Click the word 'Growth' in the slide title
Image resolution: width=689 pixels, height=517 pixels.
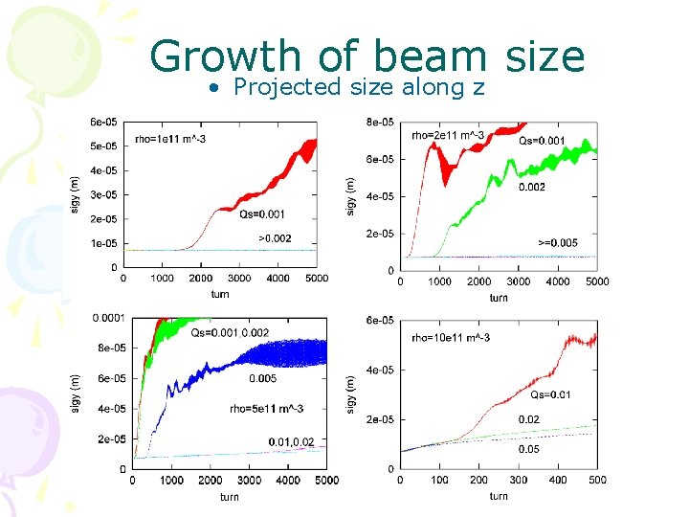(x=224, y=56)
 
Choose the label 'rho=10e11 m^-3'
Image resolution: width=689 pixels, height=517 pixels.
(x=452, y=337)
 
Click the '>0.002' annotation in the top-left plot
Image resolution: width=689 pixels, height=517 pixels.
(x=275, y=238)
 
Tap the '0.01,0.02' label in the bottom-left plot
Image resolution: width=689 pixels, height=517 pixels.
(x=291, y=441)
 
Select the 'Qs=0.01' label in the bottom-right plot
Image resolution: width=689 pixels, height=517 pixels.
(x=552, y=394)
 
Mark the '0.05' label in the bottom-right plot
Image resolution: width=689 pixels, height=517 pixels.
(x=528, y=449)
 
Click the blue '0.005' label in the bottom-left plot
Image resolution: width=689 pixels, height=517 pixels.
(x=263, y=378)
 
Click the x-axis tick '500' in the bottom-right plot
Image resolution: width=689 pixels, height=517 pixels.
(x=596, y=481)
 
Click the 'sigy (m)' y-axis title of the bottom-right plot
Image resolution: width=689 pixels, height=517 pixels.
(x=350, y=393)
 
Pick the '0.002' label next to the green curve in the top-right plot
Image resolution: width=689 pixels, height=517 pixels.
(x=532, y=187)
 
